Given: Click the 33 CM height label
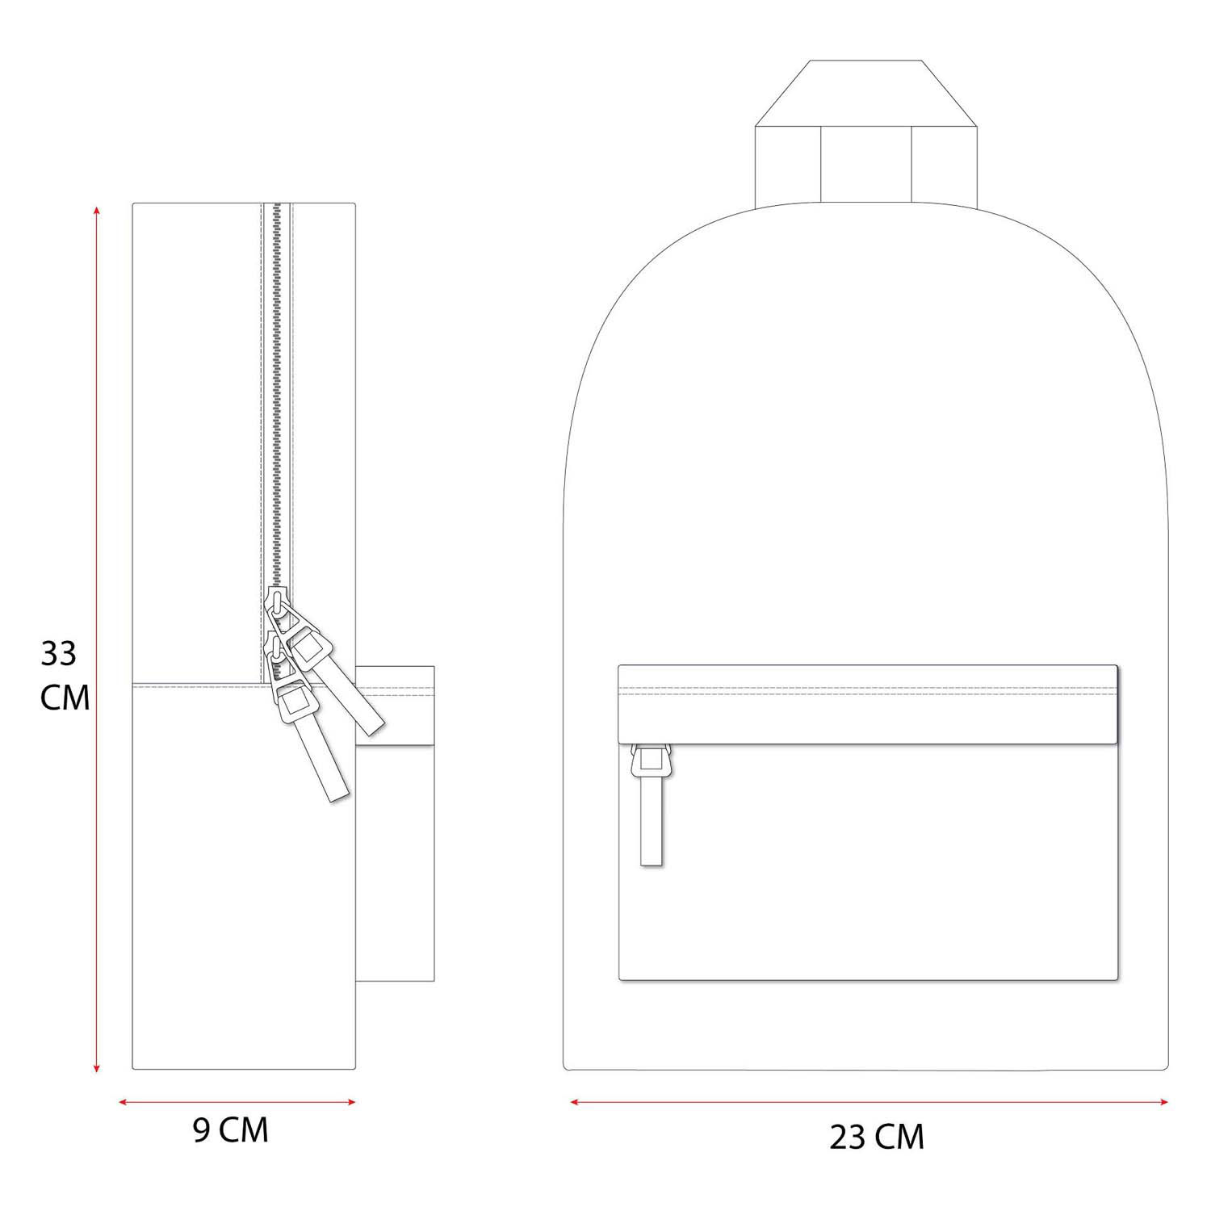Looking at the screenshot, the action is pos(65,676).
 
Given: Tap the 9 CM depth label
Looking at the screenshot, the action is pos(230,1131).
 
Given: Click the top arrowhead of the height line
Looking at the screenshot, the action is pos(97,212).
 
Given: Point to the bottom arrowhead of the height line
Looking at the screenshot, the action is pos(97,1067).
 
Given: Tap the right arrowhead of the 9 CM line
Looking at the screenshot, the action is pos(350,1101).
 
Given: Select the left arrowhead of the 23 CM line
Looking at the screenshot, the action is pos(577,1101).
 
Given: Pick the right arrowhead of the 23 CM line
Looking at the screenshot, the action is pos(1161,1101).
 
